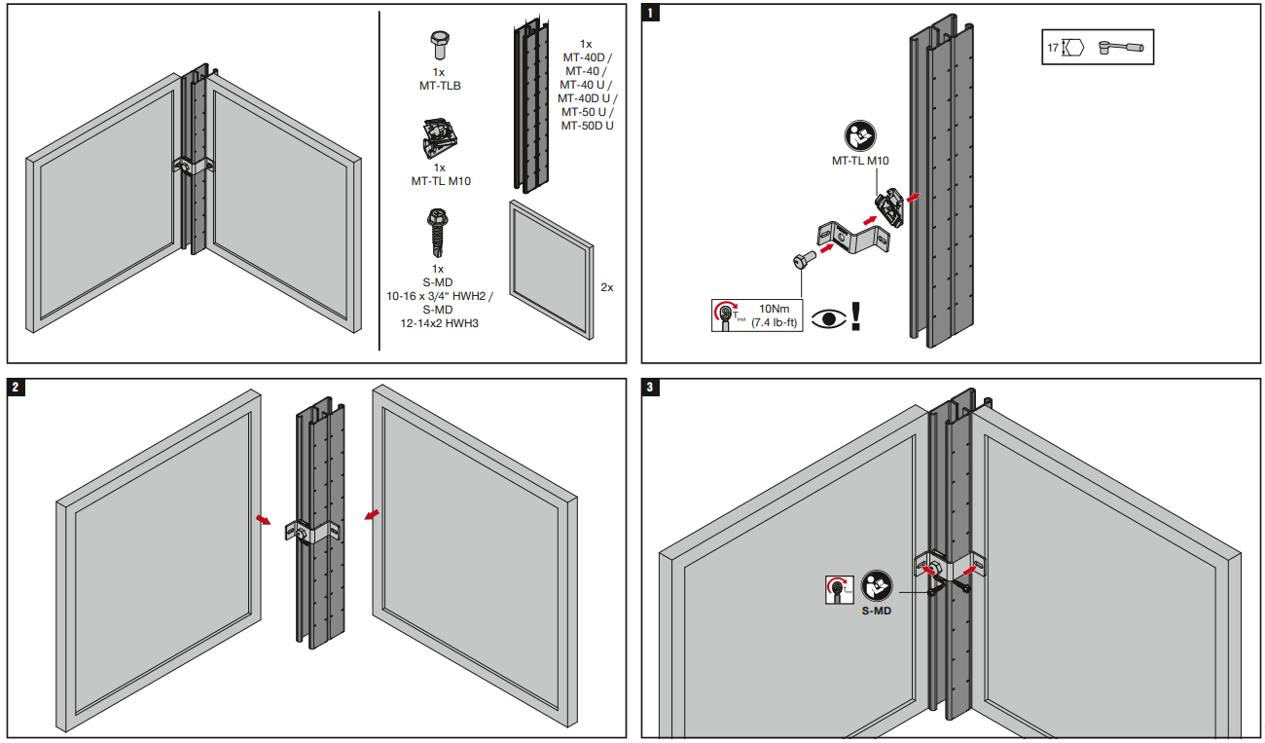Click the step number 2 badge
[x=16, y=388]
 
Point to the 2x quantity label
[x=607, y=288]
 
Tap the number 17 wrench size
[x=1053, y=47]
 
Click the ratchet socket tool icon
[x=1122, y=47]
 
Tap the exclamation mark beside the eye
[x=856, y=316]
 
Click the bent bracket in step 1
[x=853, y=238]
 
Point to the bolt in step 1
[x=801, y=261]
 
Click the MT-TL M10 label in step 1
[x=860, y=162]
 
